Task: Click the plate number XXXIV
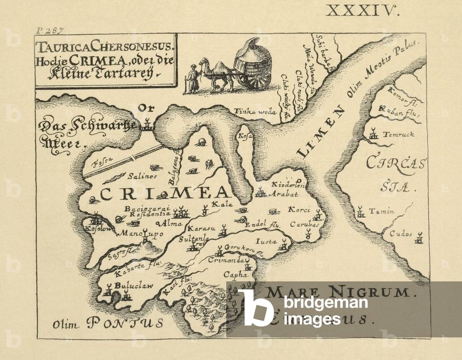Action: coord(362,10)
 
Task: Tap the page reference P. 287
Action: coord(50,31)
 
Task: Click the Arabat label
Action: coord(283,195)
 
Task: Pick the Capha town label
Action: coord(237,274)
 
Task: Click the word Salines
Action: coord(142,176)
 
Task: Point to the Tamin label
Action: coord(382,211)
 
